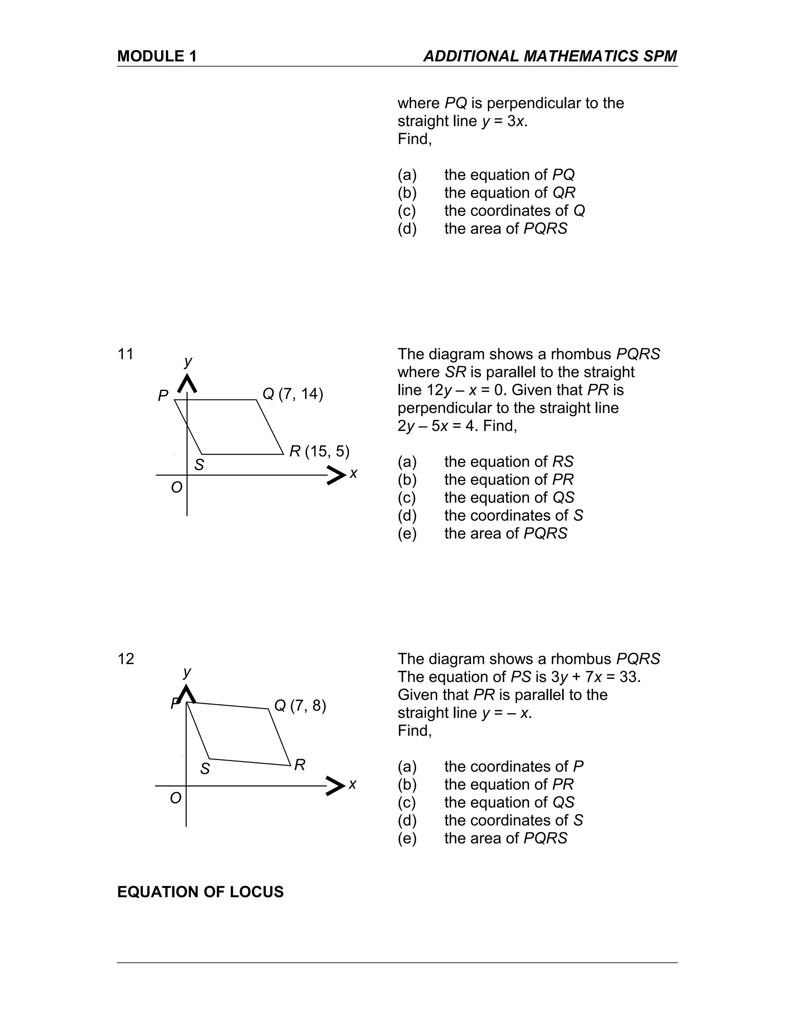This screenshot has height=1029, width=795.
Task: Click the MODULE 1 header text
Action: tap(157, 57)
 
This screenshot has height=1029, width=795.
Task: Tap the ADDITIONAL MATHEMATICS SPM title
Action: tap(550, 57)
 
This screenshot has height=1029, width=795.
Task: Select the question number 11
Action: tap(125, 354)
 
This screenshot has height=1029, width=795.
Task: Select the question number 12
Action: tap(126, 659)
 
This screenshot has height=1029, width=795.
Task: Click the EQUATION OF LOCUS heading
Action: tap(200, 892)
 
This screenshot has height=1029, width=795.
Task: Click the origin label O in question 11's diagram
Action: tap(177, 488)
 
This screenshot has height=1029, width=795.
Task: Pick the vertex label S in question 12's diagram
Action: tap(205, 769)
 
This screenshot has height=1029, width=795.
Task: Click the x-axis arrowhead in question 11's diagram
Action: tap(336, 475)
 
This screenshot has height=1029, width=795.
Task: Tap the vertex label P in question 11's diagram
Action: tap(163, 396)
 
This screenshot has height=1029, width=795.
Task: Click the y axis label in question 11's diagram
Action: tap(188, 362)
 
